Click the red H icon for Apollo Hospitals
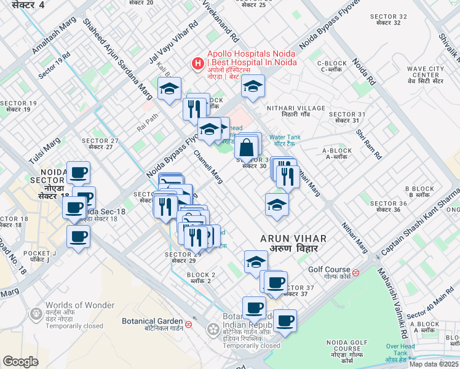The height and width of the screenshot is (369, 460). click(197, 63)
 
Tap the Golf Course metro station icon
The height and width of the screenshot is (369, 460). click(356, 270)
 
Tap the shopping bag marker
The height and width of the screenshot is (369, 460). click(246, 148)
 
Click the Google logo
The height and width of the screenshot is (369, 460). click(20, 361)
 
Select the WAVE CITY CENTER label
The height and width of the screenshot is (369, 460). click(421, 72)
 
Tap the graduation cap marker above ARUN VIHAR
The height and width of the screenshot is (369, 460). click(277, 205)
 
